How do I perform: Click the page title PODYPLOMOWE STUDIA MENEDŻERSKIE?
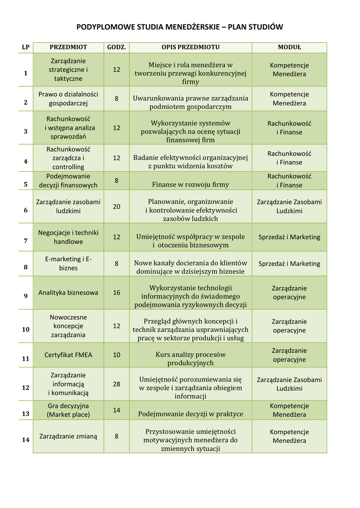coord(180,27)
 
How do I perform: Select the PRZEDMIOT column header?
coord(68,47)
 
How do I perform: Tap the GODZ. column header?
coord(117,47)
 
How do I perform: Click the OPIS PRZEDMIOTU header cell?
coord(190,47)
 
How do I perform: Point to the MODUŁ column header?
coord(289,47)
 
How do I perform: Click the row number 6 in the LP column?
coord(25,210)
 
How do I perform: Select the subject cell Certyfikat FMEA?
coord(68,355)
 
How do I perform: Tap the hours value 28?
coord(117,384)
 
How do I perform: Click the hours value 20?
coord(117,206)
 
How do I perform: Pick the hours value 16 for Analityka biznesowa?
coord(117,292)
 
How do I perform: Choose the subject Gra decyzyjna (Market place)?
coord(68,410)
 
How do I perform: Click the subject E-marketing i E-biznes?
coord(68,263)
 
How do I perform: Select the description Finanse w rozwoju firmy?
coord(190,185)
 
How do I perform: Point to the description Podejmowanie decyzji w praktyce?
coord(190,414)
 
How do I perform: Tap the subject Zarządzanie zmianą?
coord(68,436)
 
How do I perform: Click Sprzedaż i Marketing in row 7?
coord(289,237)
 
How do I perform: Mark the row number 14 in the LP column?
coord(25,440)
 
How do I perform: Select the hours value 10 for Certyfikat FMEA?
coord(117,355)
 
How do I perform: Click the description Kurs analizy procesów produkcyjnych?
coord(190,359)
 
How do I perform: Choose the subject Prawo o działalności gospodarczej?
coord(68,98)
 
